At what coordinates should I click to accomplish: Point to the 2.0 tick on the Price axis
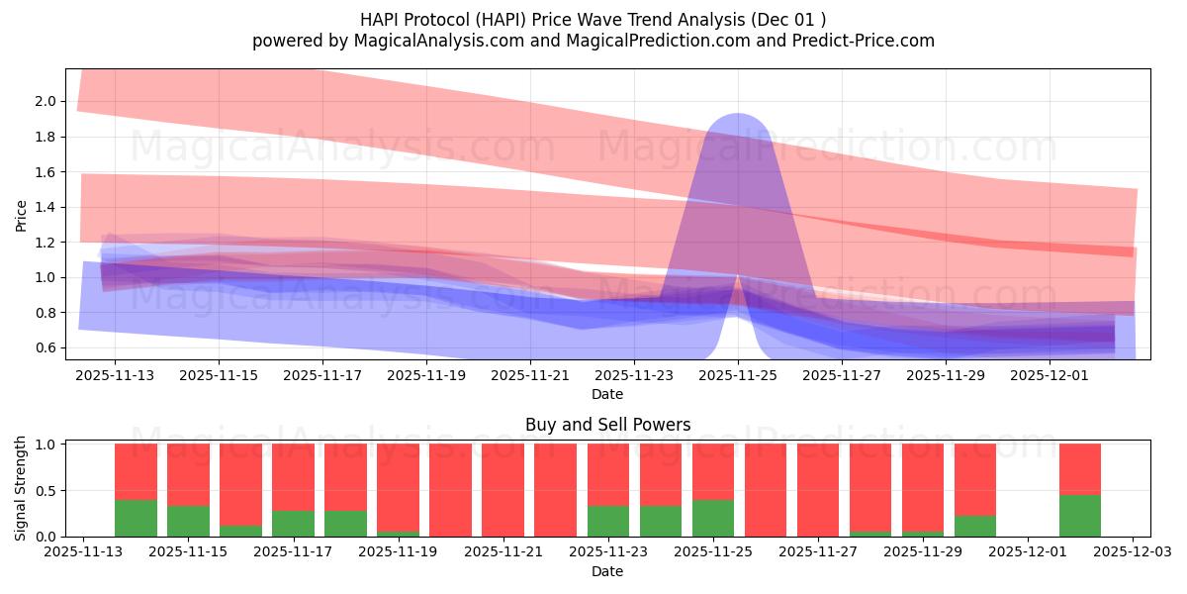click(x=44, y=101)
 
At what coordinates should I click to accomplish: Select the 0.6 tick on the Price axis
click(x=44, y=347)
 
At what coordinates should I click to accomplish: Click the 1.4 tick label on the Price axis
click(x=44, y=207)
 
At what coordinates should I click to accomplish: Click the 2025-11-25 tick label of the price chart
click(x=737, y=376)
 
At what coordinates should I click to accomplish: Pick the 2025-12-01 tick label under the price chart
click(x=1050, y=376)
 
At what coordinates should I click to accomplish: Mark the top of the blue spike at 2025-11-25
click(x=737, y=117)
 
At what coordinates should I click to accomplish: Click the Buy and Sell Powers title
click(x=607, y=425)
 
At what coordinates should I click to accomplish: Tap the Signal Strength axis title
click(x=21, y=488)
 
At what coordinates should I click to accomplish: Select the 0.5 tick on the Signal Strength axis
click(x=44, y=490)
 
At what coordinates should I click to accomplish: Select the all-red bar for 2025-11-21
click(x=502, y=490)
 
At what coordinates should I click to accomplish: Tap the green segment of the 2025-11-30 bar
click(x=974, y=527)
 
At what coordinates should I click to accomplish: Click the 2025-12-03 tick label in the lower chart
click(x=1132, y=553)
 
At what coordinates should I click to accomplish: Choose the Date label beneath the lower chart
click(x=607, y=571)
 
